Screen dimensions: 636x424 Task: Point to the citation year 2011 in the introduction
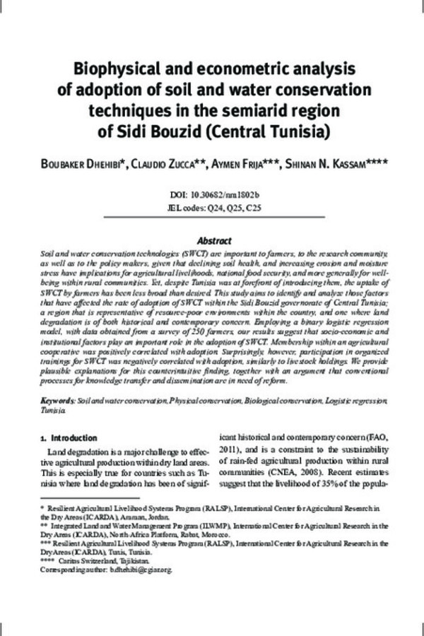tap(230, 450)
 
